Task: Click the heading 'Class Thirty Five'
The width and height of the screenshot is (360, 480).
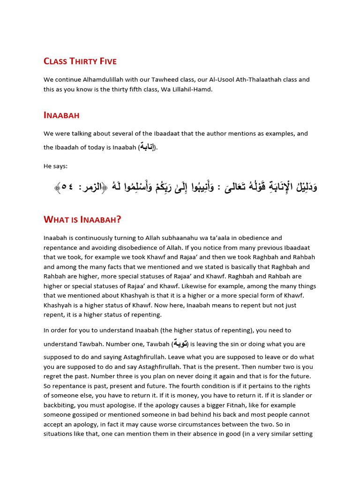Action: (80, 61)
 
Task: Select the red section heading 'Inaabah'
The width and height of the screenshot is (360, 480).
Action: (62, 115)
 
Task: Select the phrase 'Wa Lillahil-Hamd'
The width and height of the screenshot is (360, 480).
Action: (187, 89)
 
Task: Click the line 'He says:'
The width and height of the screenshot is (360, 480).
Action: (55, 166)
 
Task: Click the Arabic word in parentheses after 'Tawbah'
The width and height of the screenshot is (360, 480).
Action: (181, 344)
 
